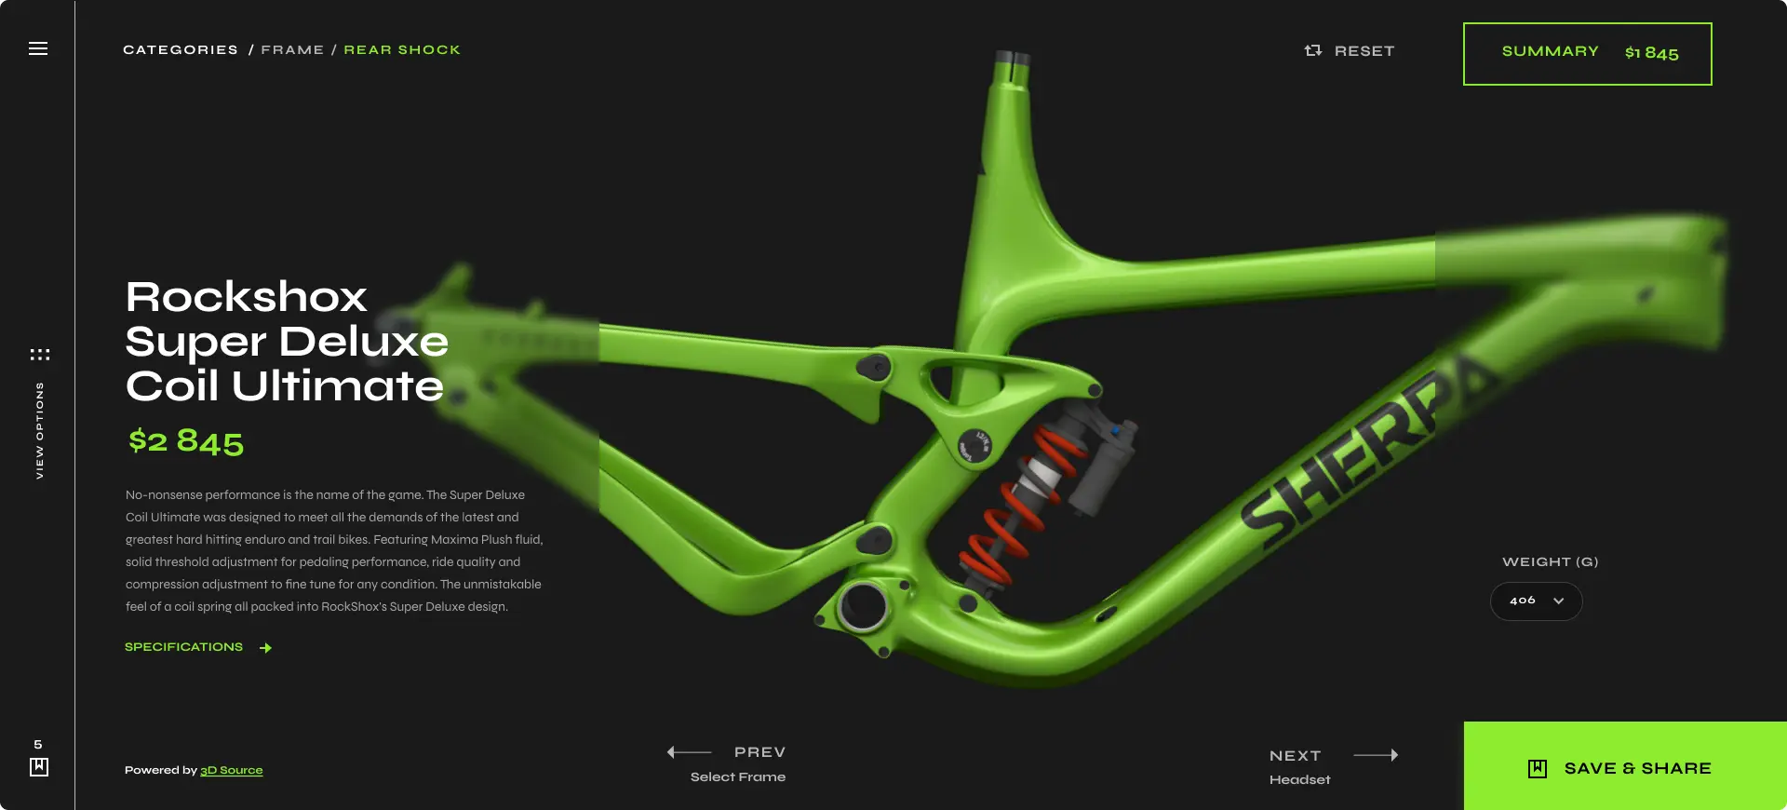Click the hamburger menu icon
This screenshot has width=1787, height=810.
38,48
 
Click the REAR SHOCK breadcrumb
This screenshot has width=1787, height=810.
402,50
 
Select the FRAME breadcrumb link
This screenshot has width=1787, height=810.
292,50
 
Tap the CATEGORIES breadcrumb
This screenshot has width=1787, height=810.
181,50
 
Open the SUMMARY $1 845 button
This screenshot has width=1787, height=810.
1587,54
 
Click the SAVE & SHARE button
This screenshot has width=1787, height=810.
1624,767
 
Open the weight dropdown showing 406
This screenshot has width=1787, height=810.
1536,601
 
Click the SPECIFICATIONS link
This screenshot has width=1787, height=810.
184,647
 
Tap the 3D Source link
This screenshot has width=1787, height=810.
232,771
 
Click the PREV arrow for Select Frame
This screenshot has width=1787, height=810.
690,752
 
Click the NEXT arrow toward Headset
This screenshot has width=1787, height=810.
1376,755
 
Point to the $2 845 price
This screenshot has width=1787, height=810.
186,441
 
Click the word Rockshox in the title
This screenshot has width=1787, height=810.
247,297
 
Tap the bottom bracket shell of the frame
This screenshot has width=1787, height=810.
863,606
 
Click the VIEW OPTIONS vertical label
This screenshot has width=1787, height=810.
39,430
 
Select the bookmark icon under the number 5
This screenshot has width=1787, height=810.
39,767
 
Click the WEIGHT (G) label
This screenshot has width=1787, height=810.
1550,562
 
